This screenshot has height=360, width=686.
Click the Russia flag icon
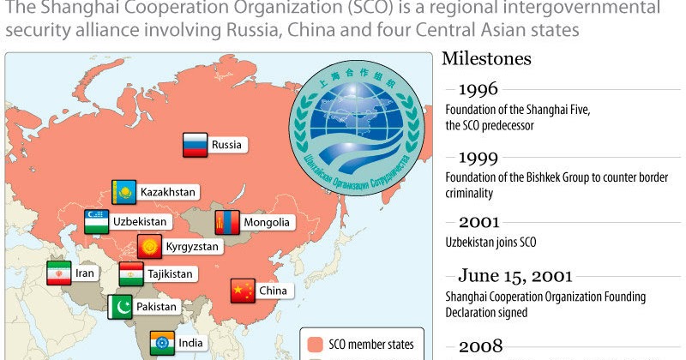(x=196, y=145)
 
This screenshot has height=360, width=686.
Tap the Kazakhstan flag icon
(x=124, y=192)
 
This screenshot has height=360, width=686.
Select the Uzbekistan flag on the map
(x=96, y=220)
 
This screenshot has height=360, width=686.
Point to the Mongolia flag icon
(x=226, y=222)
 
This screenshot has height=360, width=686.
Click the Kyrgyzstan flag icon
(x=150, y=246)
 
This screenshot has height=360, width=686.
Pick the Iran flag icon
(x=59, y=273)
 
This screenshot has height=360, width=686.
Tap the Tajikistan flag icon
(x=131, y=274)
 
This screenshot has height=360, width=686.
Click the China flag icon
(x=243, y=291)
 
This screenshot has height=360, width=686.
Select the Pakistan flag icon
(x=120, y=306)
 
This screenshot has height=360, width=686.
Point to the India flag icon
(x=162, y=344)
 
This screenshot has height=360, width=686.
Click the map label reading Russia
(x=226, y=145)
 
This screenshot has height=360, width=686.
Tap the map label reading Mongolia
(x=268, y=222)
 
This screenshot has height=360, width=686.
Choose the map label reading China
(x=272, y=291)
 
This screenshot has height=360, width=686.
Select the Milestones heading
(x=485, y=58)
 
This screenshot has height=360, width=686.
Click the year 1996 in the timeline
(x=478, y=89)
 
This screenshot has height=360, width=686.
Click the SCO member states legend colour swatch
(x=314, y=345)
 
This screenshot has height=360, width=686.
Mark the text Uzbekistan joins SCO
(x=490, y=243)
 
